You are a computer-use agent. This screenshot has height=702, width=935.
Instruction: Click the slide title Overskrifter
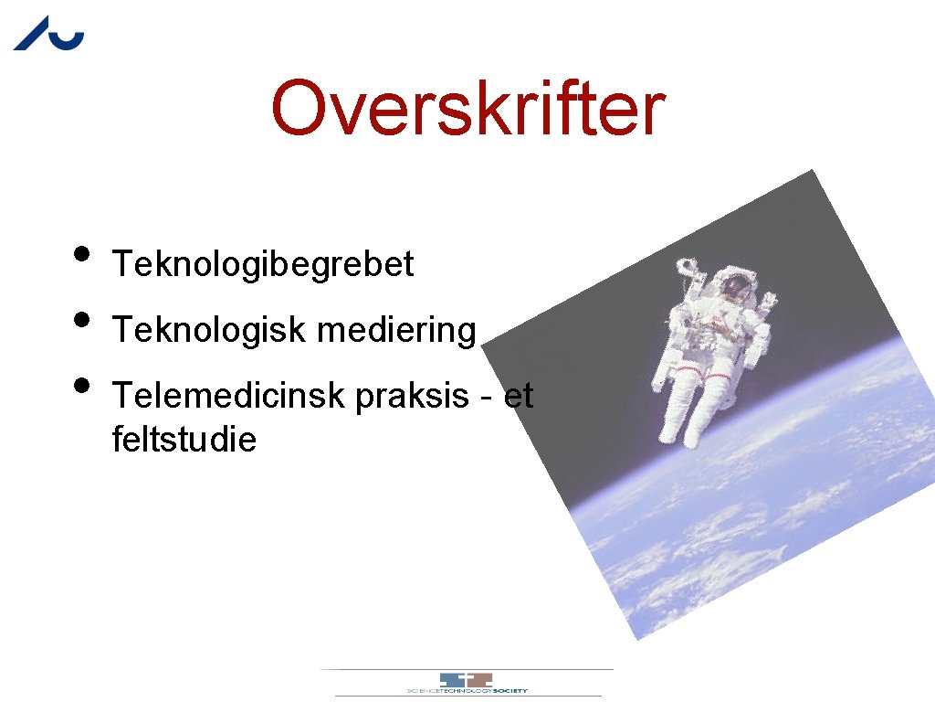(x=467, y=109)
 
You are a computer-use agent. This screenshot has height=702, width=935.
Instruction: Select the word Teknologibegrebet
(x=263, y=265)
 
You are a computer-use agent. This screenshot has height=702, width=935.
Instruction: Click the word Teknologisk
(x=208, y=330)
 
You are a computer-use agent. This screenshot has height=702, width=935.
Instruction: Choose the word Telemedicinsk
(x=228, y=397)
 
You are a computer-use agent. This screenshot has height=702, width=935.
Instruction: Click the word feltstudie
(x=184, y=441)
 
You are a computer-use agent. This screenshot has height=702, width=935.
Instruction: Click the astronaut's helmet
(x=735, y=289)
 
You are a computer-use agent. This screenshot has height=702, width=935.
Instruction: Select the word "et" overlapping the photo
(x=519, y=397)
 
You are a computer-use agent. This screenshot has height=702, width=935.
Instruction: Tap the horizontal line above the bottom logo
(x=467, y=670)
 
